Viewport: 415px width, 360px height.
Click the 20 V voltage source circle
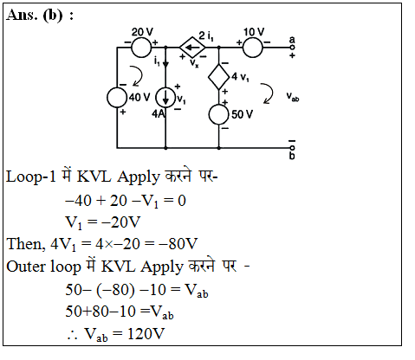[x=141, y=47]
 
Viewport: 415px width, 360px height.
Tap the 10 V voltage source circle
[x=253, y=47]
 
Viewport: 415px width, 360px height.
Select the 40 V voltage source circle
[x=117, y=98]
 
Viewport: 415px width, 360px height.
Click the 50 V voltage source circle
[x=219, y=114]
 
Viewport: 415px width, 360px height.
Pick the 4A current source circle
[x=165, y=98]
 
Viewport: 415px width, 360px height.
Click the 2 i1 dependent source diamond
[x=192, y=47]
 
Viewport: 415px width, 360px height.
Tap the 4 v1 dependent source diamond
[x=219, y=77]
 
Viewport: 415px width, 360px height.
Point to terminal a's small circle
[x=292, y=47]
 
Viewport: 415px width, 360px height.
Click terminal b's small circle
[x=292, y=148]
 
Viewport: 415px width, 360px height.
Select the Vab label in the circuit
[x=293, y=97]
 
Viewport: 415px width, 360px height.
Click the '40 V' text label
[x=139, y=98]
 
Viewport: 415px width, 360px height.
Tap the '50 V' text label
[x=242, y=114]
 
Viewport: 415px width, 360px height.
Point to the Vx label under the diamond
[x=194, y=63]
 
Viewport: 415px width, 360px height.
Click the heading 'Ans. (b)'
[x=35, y=15]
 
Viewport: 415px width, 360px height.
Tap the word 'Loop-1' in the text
[x=30, y=177]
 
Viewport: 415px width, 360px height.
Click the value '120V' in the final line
[x=146, y=334]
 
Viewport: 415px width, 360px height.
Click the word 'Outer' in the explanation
[x=26, y=267]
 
